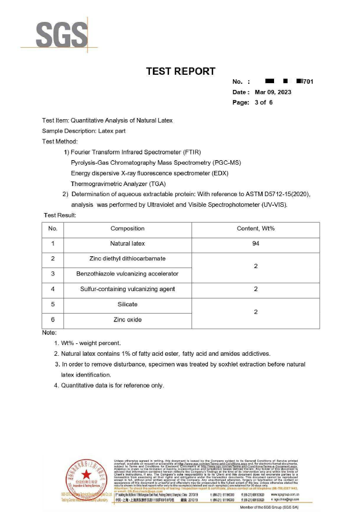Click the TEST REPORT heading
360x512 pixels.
point(180,71)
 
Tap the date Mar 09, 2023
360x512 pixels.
point(273,92)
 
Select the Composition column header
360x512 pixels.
point(127,229)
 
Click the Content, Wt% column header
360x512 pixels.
point(256,229)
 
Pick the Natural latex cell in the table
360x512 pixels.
point(127,244)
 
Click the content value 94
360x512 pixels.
point(256,244)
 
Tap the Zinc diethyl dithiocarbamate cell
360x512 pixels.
point(127,259)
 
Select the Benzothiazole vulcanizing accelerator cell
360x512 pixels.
point(127,274)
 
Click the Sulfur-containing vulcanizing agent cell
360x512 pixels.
point(127,289)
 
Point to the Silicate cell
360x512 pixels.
point(127,304)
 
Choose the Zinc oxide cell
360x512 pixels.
point(127,319)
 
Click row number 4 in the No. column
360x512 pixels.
point(53,289)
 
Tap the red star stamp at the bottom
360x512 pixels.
point(86,475)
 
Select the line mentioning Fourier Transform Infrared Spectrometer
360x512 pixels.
point(133,152)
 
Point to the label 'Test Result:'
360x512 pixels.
point(60,215)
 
